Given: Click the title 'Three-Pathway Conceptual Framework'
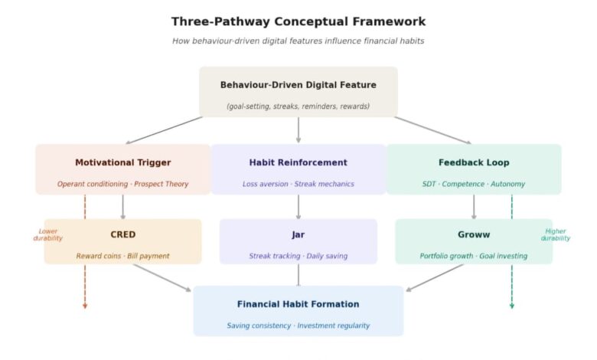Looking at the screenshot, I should click(298, 21).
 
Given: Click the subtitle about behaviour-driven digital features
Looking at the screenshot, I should click(298, 41).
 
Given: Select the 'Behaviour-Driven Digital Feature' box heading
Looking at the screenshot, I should click(298, 85).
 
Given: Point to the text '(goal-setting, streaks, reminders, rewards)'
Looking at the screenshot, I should click(298, 106).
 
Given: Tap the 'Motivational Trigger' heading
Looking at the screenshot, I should click(122, 162).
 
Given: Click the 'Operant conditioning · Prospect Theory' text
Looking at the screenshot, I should click(122, 184).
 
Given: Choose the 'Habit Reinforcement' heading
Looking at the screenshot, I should click(298, 162).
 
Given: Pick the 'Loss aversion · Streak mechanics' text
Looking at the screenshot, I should click(298, 184).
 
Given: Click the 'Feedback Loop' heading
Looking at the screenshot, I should click(474, 162).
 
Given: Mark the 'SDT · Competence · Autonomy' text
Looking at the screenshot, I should click(474, 184).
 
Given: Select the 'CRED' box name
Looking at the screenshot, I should click(122, 234).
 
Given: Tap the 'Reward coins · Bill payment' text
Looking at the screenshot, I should click(122, 256).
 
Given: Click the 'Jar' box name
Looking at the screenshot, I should click(298, 234).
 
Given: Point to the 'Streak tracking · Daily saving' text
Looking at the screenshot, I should click(298, 256).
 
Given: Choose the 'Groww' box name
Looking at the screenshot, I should click(474, 234).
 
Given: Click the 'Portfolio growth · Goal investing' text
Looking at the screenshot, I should click(474, 256).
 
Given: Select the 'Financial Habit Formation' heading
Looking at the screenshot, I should click(298, 304).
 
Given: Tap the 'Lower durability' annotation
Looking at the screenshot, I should click(48, 234).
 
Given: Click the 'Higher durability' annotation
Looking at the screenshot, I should click(556, 234).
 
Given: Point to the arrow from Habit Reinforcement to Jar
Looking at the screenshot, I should click(298, 207).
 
